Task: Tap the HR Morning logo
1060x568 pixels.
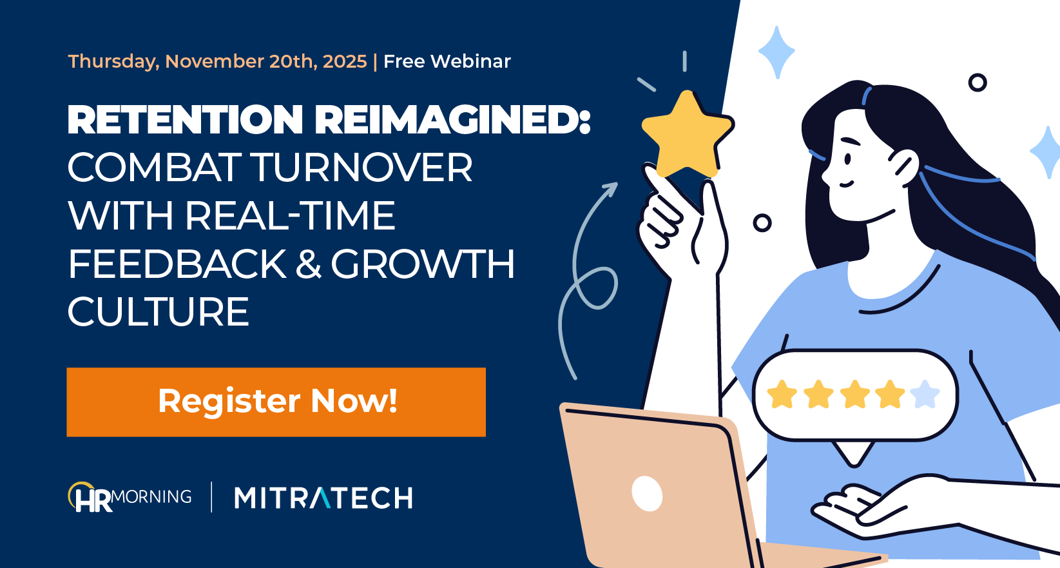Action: click(x=130, y=498)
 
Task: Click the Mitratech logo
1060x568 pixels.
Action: click(x=323, y=498)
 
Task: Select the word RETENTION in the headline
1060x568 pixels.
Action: click(x=185, y=120)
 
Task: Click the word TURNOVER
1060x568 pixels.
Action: click(x=361, y=168)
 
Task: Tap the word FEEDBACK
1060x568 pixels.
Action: click(x=177, y=264)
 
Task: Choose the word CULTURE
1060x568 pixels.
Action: click(x=158, y=312)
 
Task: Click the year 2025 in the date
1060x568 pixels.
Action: click(x=345, y=61)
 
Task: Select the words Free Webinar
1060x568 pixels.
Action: click(x=447, y=61)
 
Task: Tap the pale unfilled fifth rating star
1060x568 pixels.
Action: click(x=925, y=394)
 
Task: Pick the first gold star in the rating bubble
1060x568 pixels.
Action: click(x=782, y=394)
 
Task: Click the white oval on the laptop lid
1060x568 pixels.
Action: click(x=647, y=493)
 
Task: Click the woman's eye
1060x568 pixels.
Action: click(x=848, y=158)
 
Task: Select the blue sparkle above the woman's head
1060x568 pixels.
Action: click(x=776, y=52)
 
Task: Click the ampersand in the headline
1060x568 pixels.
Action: click(x=309, y=264)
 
